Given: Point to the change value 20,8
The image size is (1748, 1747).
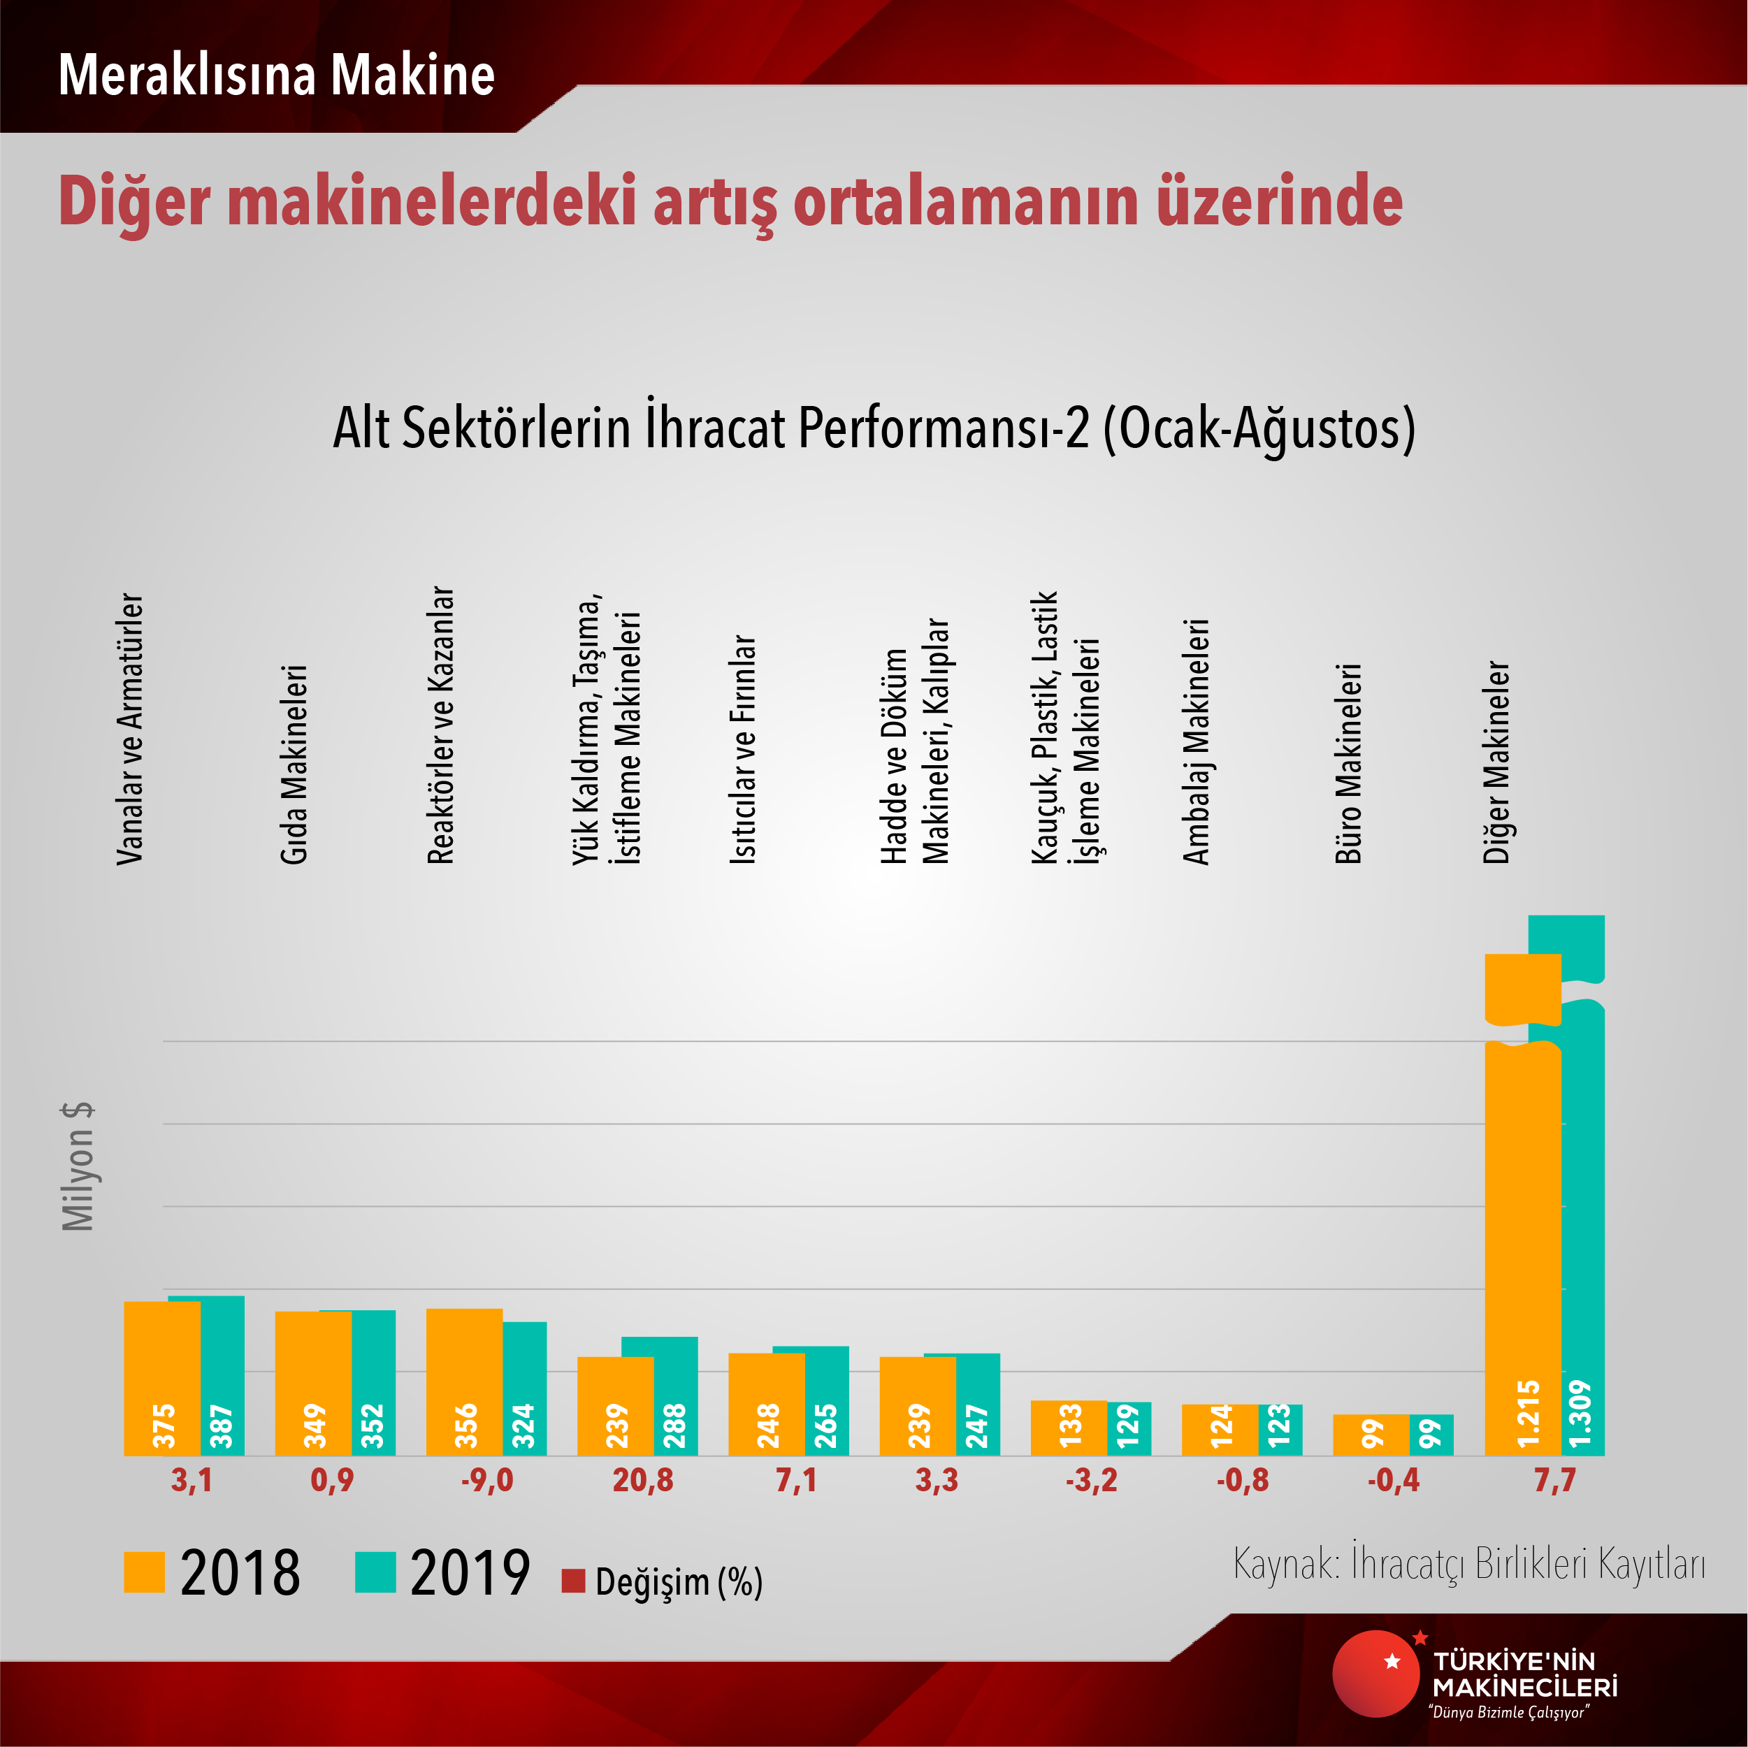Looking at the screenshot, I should tap(642, 1481).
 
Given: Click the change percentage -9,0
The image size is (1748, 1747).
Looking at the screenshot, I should tap(486, 1481).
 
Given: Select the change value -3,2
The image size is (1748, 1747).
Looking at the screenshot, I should tap(1091, 1481).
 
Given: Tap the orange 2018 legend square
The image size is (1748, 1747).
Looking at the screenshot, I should tap(144, 1572).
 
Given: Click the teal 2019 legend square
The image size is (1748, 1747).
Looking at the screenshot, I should tap(375, 1572).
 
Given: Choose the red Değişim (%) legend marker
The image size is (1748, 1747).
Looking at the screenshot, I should tap(572, 1581).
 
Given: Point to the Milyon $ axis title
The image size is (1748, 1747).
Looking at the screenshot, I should tap(78, 1166).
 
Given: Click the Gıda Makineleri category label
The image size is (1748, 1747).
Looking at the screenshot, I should tap(294, 764).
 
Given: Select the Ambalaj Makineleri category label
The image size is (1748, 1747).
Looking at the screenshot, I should tap(1196, 742).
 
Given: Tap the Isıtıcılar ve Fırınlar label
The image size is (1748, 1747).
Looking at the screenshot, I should tap(743, 749).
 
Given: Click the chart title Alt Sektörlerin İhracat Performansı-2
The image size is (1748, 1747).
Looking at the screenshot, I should tap(873, 428).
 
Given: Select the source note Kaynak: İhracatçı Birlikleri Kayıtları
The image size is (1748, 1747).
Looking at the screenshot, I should tap(1468, 1564).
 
